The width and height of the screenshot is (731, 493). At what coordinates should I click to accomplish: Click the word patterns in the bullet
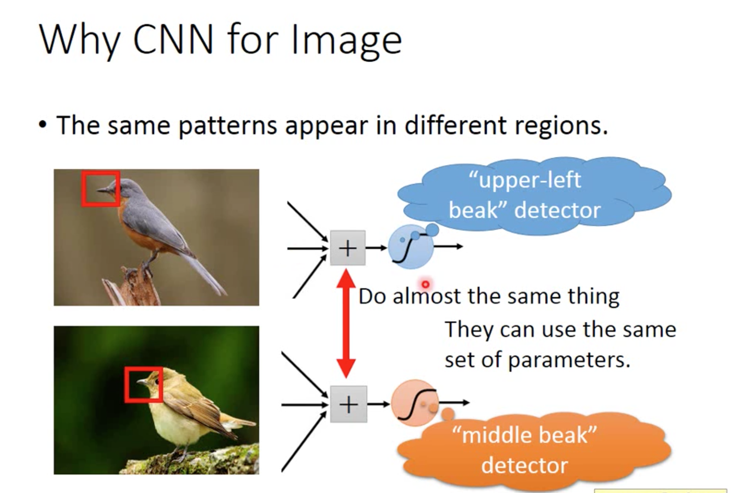tap(228, 125)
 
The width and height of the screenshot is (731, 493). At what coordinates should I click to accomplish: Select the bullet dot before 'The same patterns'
tap(42, 125)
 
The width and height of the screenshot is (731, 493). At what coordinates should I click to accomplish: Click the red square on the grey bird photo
tap(100, 188)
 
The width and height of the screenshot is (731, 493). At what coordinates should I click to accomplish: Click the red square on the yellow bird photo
tap(143, 384)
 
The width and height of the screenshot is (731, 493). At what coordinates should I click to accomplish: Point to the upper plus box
tap(348, 248)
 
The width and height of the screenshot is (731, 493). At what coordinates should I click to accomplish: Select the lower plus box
tap(348, 404)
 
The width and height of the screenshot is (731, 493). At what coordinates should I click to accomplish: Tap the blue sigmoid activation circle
tap(410, 247)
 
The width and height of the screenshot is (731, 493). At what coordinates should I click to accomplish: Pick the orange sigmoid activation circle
tap(415, 403)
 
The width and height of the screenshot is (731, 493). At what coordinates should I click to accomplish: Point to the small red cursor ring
tap(425, 284)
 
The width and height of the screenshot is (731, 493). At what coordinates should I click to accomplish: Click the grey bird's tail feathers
tap(206, 273)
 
